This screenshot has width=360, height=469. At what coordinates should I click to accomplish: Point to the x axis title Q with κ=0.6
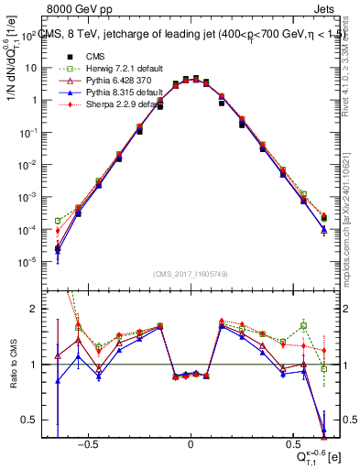tap(316, 454)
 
